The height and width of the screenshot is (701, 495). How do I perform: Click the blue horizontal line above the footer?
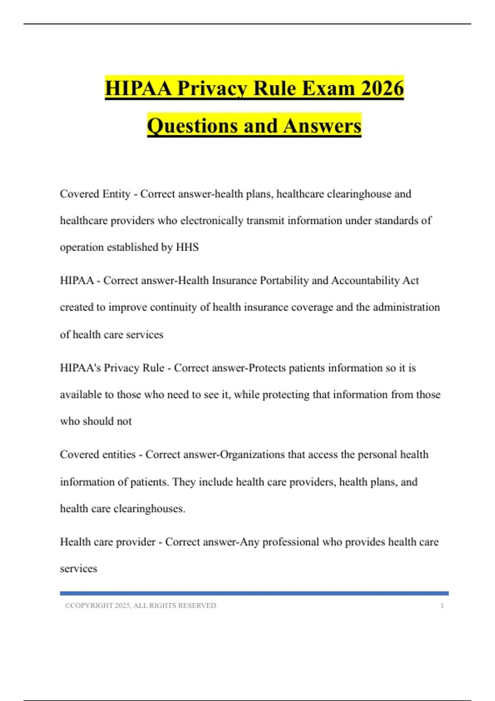pos(254,593)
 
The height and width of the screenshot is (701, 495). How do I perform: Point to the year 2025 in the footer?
pos(123,605)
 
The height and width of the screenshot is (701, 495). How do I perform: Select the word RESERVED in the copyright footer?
pos(200,605)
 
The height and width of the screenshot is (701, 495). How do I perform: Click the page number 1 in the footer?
pos(442,605)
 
